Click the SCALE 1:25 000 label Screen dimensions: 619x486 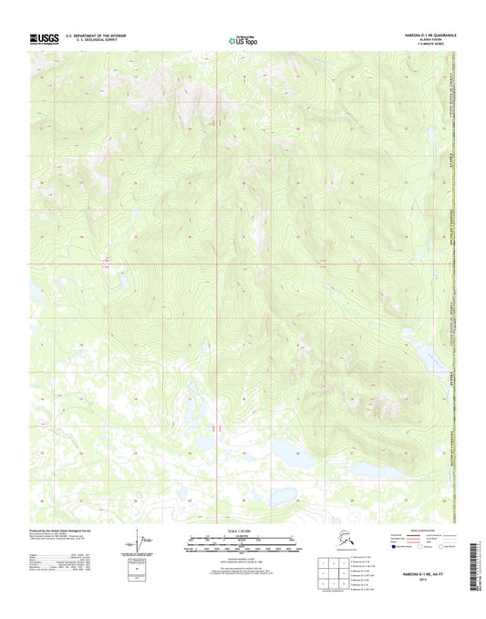pos(243,531)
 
